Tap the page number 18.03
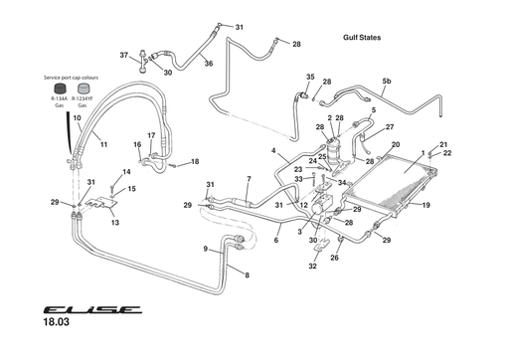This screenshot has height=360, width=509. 59,322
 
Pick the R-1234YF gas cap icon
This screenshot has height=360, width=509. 83,90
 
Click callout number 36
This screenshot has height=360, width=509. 209,64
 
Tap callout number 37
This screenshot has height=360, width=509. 124,55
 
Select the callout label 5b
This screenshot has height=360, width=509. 387,81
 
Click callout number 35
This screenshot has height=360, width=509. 310,77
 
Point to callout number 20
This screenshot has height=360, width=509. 396,145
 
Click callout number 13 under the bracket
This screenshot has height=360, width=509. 114,223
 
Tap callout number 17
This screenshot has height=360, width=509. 151,135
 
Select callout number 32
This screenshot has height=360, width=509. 311,266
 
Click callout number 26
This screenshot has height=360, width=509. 335,259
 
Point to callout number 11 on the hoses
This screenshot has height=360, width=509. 102,144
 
